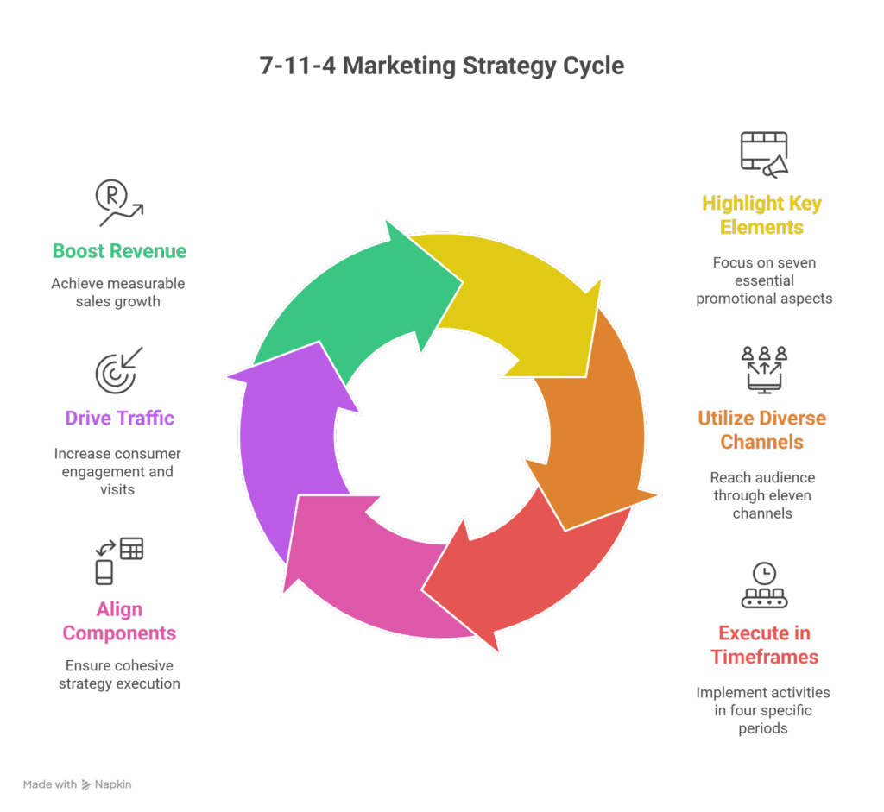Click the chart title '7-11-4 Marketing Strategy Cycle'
(x=441, y=66)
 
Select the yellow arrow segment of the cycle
(x=518, y=302)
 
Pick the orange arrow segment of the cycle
(x=596, y=431)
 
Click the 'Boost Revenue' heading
(x=119, y=251)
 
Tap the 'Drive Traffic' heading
(x=119, y=419)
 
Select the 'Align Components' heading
(x=119, y=621)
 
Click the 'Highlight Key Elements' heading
(x=762, y=216)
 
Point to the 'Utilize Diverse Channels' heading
(x=762, y=430)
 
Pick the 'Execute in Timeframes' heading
(x=764, y=645)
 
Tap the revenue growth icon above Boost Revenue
(x=118, y=203)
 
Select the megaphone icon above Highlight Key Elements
(x=764, y=155)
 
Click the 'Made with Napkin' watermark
(x=78, y=784)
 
